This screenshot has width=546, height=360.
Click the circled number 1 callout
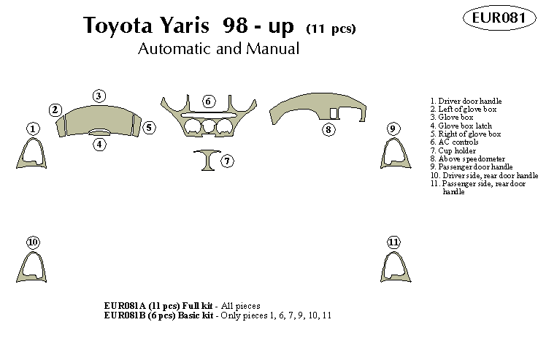point(33,129)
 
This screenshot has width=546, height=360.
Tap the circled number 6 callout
point(209,101)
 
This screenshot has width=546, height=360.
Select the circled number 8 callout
point(328,130)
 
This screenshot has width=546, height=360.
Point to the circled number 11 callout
point(394,242)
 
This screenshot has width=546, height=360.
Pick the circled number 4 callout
point(99,144)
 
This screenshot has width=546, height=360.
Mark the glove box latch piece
point(99,132)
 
